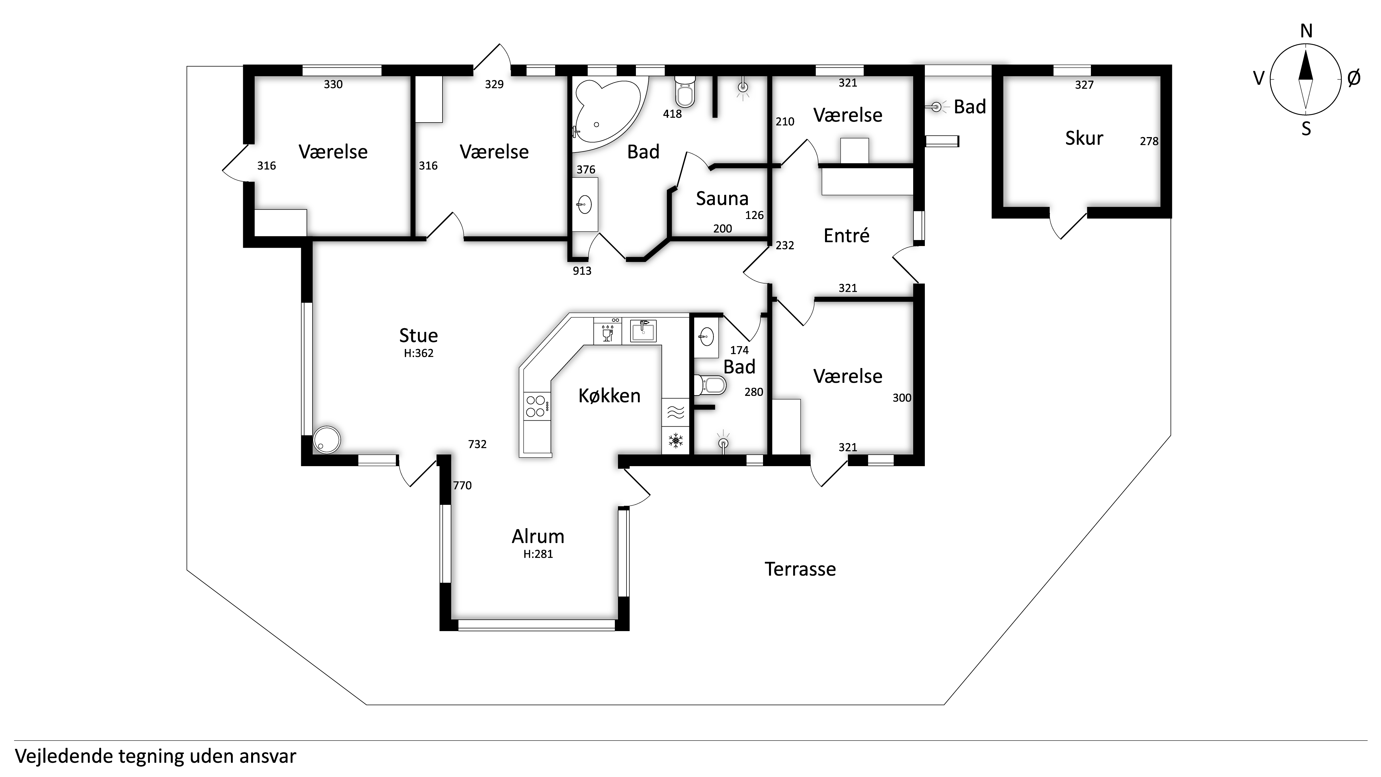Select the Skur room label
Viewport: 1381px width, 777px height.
[x=1084, y=138]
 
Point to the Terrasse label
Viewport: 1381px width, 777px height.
[x=800, y=569]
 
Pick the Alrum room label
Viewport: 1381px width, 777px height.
[x=538, y=536]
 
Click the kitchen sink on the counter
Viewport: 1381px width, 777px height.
[x=643, y=331]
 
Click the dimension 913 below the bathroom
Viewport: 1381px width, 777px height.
[x=582, y=271]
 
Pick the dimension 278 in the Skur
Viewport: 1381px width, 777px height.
[x=1149, y=141]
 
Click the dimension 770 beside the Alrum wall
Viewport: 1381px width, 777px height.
[x=462, y=485]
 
